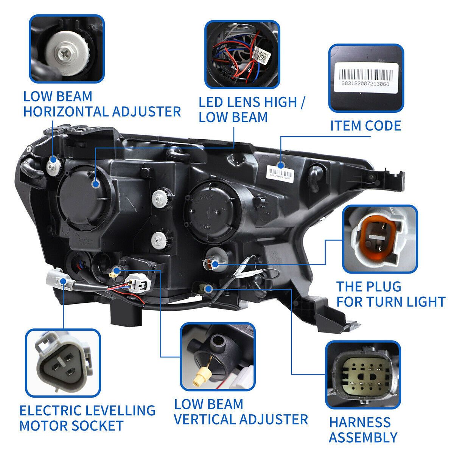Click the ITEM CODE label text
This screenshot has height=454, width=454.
click(x=365, y=125)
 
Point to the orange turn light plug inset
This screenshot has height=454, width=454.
click(x=379, y=239)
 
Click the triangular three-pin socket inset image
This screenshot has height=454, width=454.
click(x=63, y=365)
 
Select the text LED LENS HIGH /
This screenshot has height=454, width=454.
click(x=253, y=102)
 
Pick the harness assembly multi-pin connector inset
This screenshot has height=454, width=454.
click(x=362, y=374)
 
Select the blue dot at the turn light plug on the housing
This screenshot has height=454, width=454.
click(x=215, y=264)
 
